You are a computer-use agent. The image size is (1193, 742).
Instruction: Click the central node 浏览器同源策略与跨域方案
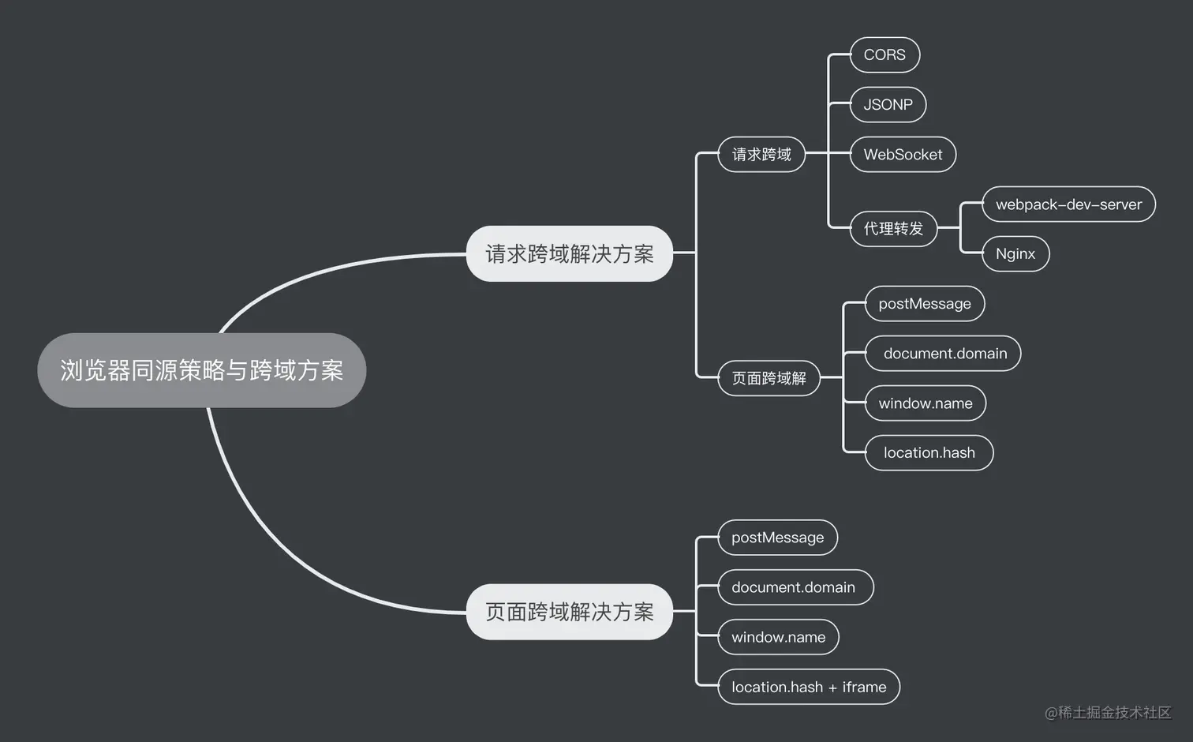point(201,370)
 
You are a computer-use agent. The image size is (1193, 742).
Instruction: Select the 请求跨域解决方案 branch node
point(569,253)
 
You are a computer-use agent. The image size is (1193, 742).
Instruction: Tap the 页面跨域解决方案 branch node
point(569,612)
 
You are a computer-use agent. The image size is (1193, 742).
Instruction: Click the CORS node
point(884,54)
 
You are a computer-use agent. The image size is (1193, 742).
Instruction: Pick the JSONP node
point(888,104)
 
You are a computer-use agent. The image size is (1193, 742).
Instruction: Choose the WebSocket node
point(903,155)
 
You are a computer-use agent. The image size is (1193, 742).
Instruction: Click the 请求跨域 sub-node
point(761,155)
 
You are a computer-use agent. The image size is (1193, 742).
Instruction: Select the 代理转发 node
point(893,229)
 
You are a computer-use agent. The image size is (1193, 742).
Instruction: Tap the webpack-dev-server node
point(1068,204)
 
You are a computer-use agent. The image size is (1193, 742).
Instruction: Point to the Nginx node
point(1015,254)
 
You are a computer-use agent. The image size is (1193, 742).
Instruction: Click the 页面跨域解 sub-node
point(769,378)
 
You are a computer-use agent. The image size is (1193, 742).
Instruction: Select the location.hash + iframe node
point(809,687)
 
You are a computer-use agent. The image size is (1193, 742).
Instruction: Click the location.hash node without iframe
point(929,453)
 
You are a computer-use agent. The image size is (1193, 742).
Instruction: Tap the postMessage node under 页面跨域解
point(925,304)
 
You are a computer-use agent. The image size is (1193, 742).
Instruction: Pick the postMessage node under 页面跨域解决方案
point(777,538)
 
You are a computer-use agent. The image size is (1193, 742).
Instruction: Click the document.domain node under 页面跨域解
point(944,354)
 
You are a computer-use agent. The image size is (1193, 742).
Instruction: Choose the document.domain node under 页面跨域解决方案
point(794,587)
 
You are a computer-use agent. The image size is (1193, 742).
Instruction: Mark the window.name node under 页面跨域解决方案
point(778,637)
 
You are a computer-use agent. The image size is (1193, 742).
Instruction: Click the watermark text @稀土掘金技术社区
point(1107,713)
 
